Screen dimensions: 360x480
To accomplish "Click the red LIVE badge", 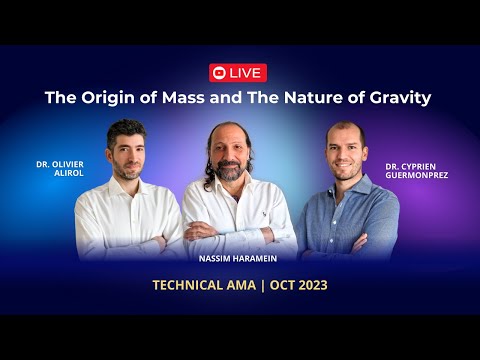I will pos(238,73).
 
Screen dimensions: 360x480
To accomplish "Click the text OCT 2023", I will pos(297,285).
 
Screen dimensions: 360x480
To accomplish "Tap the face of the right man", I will pos(346,155).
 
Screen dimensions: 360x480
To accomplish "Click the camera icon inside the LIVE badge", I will pos(219,73).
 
